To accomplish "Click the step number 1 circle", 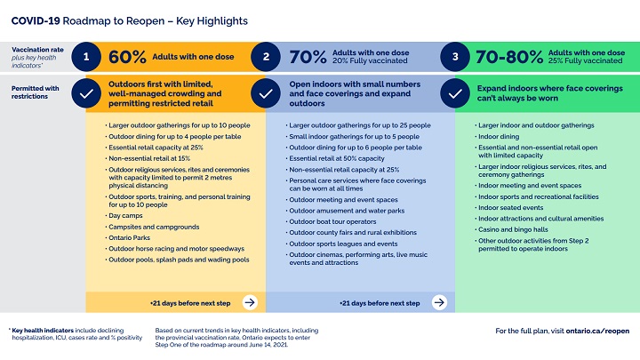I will [85, 57].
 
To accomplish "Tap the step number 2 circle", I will [267, 57].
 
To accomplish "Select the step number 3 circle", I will [455, 57].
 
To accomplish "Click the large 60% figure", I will [127, 58].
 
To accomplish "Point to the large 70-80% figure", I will [509, 58].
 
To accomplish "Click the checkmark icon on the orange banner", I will [85, 92].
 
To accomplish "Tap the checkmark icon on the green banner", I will [455, 92].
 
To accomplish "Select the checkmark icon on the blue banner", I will [267, 92].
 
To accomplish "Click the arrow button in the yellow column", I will [250, 302].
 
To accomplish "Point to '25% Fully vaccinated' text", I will [586, 62].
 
